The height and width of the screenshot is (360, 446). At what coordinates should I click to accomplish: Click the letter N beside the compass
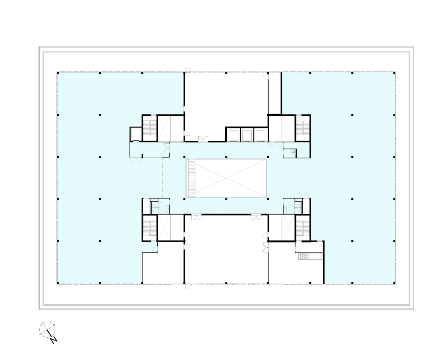pyautogui.click(x=54, y=339)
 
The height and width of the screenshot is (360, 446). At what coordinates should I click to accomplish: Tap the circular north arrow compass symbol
pyautogui.click(x=47, y=330)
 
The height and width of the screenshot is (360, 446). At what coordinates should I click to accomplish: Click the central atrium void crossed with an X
pyautogui.click(x=226, y=178)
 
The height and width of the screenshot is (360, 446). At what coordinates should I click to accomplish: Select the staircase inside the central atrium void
pyautogui.click(x=191, y=178)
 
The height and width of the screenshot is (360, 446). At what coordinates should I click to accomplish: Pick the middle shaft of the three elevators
pyautogui.click(x=247, y=135)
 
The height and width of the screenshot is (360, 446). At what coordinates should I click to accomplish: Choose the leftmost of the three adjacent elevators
pyautogui.click(x=234, y=135)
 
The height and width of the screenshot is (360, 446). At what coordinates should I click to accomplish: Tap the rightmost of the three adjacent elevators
pyautogui.click(x=260, y=135)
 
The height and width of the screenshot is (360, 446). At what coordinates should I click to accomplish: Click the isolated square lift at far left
pyautogui.click(x=135, y=134)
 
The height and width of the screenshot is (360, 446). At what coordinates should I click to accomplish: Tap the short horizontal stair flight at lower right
pyautogui.click(x=311, y=256)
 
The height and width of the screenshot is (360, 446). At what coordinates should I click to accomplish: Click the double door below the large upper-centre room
pyautogui.click(x=203, y=139)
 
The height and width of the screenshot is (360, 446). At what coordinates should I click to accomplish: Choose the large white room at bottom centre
pyautogui.click(x=226, y=249)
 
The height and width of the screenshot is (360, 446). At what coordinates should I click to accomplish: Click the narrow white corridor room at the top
pyautogui.click(x=275, y=93)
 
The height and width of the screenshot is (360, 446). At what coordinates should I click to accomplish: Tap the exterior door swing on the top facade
pyautogui.click(x=188, y=70)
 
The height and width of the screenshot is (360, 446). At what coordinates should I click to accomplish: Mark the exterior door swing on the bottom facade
pyautogui.click(x=188, y=286)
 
